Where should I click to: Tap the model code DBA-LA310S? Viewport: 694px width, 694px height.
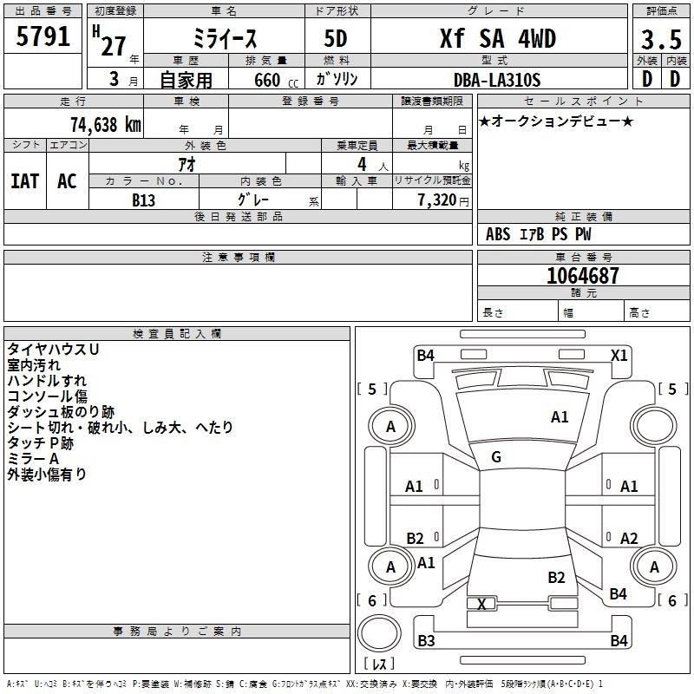coord(497,80)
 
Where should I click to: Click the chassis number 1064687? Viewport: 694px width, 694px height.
coord(583,276)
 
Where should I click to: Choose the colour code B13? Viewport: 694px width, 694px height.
coord(143,200)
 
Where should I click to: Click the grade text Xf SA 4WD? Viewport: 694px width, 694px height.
coord(497,39)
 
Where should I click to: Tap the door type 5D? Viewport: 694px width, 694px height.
coord(336,39)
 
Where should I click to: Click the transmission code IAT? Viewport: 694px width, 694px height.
coord(25,181)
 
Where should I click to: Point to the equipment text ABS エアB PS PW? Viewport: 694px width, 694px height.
coord(539,234)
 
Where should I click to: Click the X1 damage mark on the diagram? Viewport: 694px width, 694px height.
coord(619,355)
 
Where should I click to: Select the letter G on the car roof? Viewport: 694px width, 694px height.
coord(495,457)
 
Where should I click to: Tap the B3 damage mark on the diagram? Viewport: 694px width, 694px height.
coord(426,641)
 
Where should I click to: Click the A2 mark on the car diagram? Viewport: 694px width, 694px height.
coord(629,539)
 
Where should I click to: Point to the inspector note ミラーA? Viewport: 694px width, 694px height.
coord(33,459)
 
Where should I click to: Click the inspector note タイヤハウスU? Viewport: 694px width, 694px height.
coord(53,349)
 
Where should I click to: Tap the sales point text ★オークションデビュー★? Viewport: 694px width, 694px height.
coord(555,121)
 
